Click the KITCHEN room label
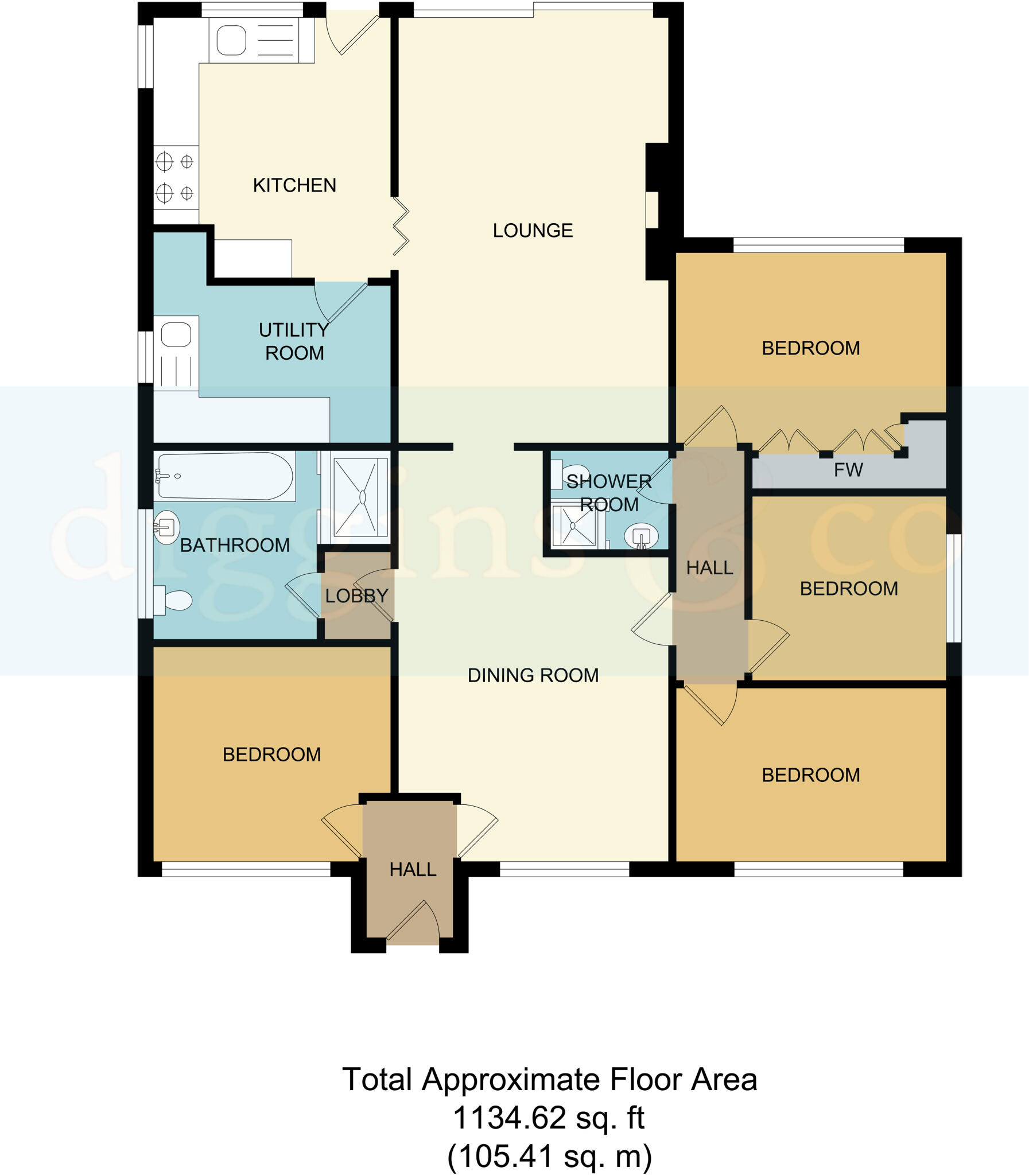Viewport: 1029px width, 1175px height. [x=294, y=185]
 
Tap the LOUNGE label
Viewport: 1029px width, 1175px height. [x=533, y=231]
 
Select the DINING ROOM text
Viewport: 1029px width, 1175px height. [x=533, y=675]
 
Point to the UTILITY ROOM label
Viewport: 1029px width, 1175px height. [x=294, y=341]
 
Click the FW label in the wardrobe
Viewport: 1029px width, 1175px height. [x=848, y=470]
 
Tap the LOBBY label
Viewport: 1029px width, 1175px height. [x=356, y=596]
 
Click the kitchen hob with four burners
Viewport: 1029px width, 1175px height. [x=176, y=177]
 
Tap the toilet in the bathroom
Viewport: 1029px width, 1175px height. [x=174, y=601]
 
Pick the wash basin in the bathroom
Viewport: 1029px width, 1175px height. [x=166, y=527]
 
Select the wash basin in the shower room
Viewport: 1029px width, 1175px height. [x=641, y=536]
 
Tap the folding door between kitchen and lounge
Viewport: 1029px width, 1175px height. [x=401, y=226]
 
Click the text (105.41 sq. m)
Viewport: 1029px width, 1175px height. [x=550, y=1155]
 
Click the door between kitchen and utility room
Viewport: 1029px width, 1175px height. [x=341, y=302]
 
